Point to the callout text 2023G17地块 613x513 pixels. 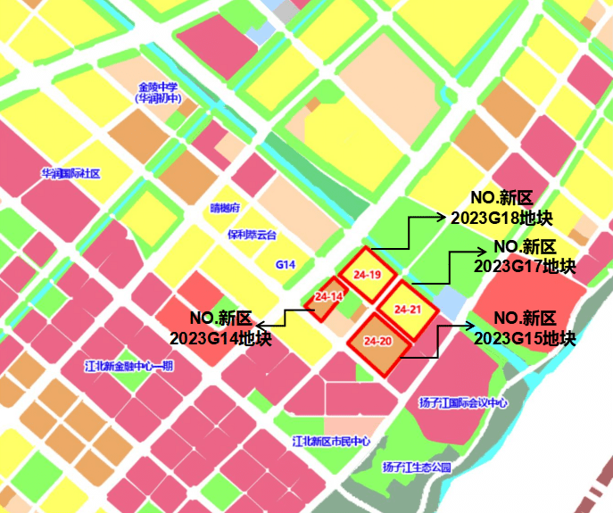pos(525,266)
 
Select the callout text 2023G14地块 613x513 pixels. pos(220,338)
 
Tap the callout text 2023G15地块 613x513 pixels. pos(525,338)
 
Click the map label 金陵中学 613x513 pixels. pos(158,87)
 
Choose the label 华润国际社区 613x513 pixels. pos(70,173)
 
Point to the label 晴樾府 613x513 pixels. pos(225,208)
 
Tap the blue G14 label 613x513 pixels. pos(285,265)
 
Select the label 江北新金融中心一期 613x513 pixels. pos(128,366)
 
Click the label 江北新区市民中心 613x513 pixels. pos(331,442)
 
